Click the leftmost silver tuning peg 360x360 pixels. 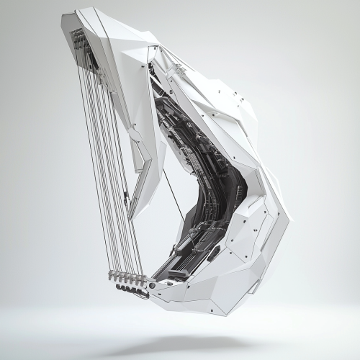[x=112, y=275]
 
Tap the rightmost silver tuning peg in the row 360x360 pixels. [x=143, y=281]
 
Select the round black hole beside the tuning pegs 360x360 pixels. [x=152, y=286]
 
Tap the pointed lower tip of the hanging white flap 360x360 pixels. [x=130, y=216]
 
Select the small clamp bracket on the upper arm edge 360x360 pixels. [x=176, y=69]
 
